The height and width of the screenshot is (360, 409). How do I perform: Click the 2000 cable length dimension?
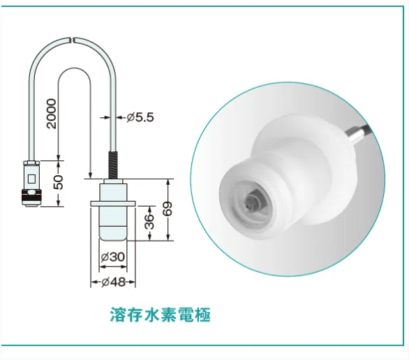click(52, 114)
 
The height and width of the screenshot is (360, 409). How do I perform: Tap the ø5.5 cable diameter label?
click(140, 117)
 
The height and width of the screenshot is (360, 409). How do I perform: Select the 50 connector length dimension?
click(59, 182)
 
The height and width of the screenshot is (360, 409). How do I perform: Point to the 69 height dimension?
click(168, 209)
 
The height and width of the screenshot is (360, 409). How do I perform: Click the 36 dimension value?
click(149, 222)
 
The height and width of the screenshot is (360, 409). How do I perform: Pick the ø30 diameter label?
click(112, 257)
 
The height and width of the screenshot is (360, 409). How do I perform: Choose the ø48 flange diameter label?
click(113, 282)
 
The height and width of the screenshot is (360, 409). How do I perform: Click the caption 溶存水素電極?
click(160, 315)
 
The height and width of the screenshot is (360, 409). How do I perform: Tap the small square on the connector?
click(31, 179)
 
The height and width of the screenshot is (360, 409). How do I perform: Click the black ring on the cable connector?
click(31, 195)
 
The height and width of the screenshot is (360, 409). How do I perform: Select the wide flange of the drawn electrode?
click(112, 204)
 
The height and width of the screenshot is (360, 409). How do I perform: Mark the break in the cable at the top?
click(73, 40)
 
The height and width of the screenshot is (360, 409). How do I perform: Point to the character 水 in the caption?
click(151, 315)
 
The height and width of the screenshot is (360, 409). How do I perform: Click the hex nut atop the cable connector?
click(31, 163)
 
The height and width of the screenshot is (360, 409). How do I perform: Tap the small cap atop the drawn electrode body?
click(113, 181)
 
